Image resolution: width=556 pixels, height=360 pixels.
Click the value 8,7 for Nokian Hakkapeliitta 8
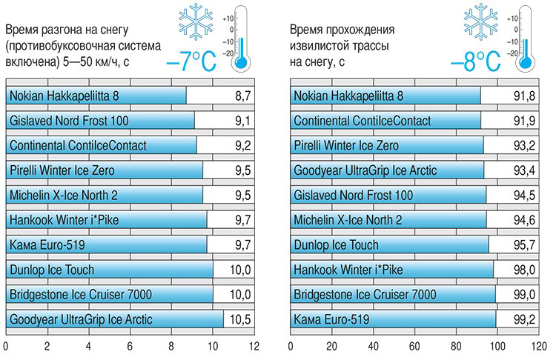(x=242, y=96)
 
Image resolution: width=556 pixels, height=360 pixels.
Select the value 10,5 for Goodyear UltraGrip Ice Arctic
(x=239, y=321)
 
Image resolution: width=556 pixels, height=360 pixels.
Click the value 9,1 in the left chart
(x=242, y=121)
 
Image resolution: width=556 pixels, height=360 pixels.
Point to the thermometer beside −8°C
(x=528, y=41)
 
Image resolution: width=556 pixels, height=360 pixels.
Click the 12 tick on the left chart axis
(x=254, y=345)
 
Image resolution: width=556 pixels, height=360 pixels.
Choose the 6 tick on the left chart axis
(x=130, y=345)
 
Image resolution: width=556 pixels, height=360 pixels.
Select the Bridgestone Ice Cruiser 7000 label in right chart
(x=364, y=296)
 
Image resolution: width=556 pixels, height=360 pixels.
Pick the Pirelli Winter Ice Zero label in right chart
(x=346, y=146)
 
